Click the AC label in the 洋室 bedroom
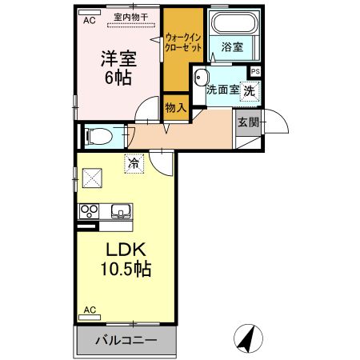click(x=89, y=22)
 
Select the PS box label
click(x=255, y=72)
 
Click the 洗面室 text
click(x=222, y=90)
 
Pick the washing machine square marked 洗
click(x=250, y=90)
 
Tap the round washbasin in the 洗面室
click(x=198, y=79)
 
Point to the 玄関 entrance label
click(x=247, y=122)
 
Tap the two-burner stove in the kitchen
click(x=88, y=212)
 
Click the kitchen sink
click(x=122, y=212)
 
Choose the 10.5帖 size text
click(x=123, y=268)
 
